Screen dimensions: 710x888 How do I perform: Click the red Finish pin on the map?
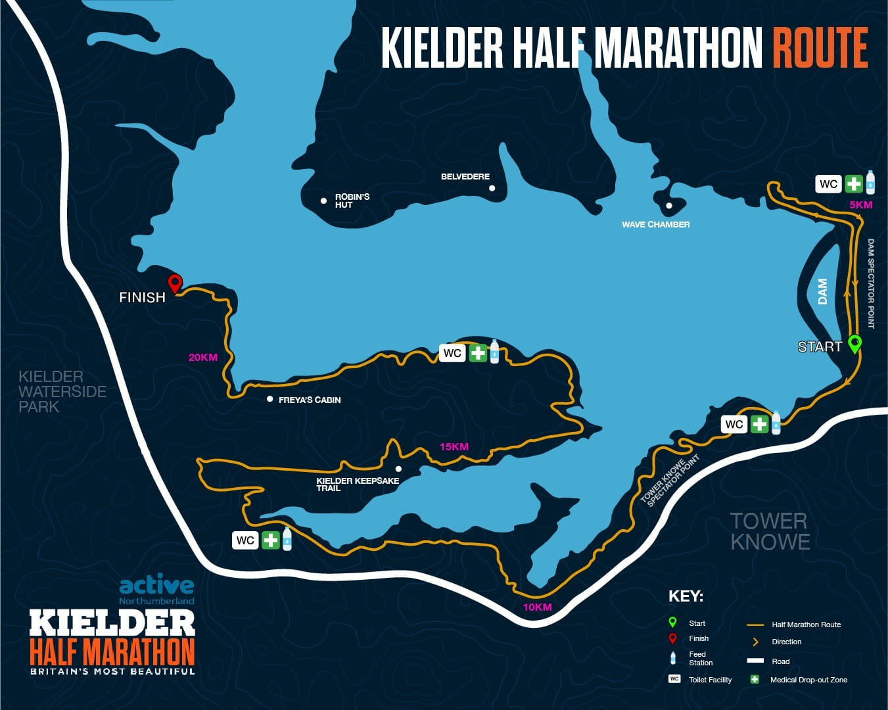(x=174, y=284)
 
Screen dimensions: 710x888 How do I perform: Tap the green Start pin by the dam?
(x=854, y=343)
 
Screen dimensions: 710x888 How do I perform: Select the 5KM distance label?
(x=860, y=205)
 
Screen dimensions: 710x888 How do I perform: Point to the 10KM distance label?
(x=537, y=607)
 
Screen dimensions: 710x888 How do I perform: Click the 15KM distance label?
(x=454, y=447)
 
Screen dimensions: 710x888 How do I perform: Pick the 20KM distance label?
(x=202, y=358)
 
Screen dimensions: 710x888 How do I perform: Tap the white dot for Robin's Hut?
(x=323, y=201)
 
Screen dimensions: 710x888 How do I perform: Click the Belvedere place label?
(x=465, y=177)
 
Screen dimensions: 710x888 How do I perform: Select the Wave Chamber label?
(x=655, y=225)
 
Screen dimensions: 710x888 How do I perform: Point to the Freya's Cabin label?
(x=310, y=400)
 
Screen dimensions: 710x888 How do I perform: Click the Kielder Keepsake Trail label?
(x=357, y=485)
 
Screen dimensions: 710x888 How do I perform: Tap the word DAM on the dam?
(x=823, y=292)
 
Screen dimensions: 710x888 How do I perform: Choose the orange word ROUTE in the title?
(x=820, y=48)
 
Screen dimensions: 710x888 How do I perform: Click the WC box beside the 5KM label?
(x=828, y=183)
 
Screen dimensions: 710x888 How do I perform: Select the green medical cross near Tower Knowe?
(x=759, y=424)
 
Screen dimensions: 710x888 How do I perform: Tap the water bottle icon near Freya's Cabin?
(x=494, y=352)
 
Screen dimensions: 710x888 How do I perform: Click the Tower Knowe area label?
(x=770, y=531)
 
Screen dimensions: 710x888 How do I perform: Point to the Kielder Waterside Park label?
(x=62, y=392)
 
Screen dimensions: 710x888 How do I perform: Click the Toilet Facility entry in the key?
(x=710, y=680)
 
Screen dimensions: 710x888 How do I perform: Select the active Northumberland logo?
(x=156, y=590)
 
